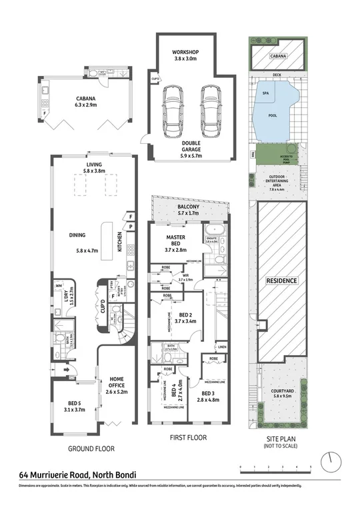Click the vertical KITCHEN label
click(120, 241)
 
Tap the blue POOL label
click(273, 114)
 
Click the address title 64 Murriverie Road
click(77, 475)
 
